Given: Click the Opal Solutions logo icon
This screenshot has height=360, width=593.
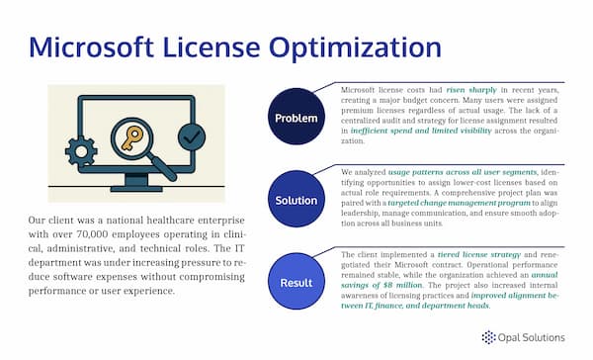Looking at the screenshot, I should (x=487, y=337).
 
